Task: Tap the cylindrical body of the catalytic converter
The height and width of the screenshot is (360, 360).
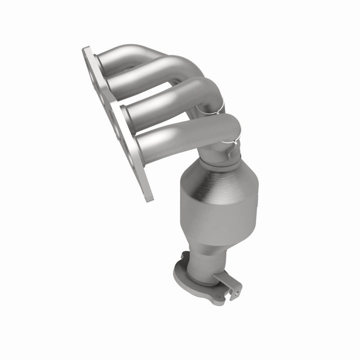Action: [220, 210]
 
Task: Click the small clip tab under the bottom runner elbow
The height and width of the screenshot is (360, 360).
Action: [228, 153]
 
